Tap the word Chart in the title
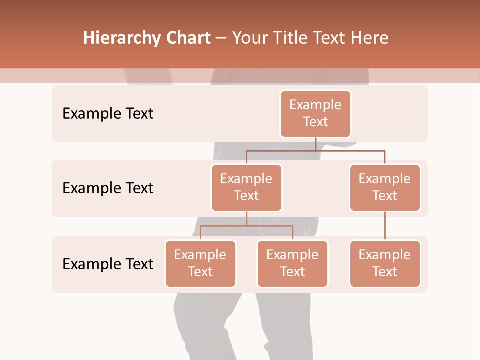tap(188, 38)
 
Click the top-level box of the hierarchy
tap(315, 113)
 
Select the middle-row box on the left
tap(246, 187)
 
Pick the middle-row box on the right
tap(385, 187)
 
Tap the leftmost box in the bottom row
tap(200, 263)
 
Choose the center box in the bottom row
tap(292, 263)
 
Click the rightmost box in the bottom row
tap(385, 263)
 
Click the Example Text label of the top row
tap(108, 114)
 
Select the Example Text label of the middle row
tap(108, 188)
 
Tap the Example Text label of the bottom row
tap(108, 264)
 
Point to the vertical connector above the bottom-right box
tap(385, 226)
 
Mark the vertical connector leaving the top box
tap(315, 143)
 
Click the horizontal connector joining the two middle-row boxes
tap(315, 150)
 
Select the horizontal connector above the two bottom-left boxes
tap(246, 226)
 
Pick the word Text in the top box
tap(315, 122)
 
